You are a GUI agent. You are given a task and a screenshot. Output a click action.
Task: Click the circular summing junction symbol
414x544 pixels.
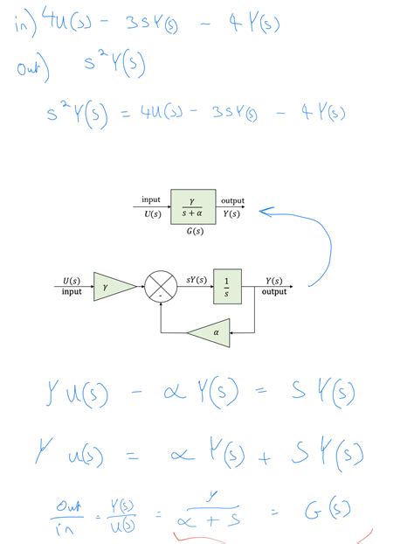[160, 286]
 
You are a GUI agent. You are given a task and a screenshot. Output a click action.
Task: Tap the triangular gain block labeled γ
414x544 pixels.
[112, 286]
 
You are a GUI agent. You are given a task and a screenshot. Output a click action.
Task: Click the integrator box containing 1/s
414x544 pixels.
[226, 286]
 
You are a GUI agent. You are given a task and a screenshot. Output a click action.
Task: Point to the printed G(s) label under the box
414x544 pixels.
[195, 232]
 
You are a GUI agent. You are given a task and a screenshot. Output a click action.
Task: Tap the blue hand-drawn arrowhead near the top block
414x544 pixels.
[266, 211]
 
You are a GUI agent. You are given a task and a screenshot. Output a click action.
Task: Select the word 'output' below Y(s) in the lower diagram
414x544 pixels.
[274, 292]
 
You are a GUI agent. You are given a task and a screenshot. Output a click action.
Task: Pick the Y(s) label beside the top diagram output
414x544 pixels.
[232, 213]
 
